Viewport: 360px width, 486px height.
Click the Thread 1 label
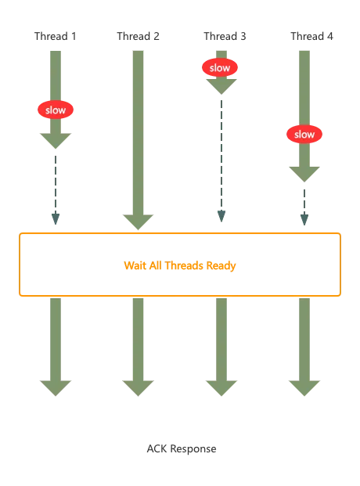56,36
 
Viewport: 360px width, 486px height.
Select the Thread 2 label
138,36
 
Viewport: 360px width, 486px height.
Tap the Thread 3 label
225,36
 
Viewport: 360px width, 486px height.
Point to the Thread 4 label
311,36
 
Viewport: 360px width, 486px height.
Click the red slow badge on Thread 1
56,110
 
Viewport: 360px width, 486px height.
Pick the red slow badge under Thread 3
220,67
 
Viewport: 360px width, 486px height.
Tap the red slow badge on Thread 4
304,134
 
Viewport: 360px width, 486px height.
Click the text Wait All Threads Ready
180,265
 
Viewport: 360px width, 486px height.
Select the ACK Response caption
182,448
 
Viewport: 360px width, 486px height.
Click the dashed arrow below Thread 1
56,190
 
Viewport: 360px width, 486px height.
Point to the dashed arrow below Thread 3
221,161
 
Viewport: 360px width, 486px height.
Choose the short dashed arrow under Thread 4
304,207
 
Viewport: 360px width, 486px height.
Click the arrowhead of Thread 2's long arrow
138,222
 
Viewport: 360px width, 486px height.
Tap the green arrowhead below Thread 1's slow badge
56,141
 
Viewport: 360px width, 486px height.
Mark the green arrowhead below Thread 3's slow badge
221,87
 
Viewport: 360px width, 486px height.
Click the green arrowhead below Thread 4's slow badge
304,175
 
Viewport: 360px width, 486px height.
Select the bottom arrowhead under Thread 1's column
56,388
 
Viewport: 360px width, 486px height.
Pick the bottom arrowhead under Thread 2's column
138,388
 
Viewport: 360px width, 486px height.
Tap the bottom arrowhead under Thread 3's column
221,388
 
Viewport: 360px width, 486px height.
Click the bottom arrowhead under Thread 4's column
304,388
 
